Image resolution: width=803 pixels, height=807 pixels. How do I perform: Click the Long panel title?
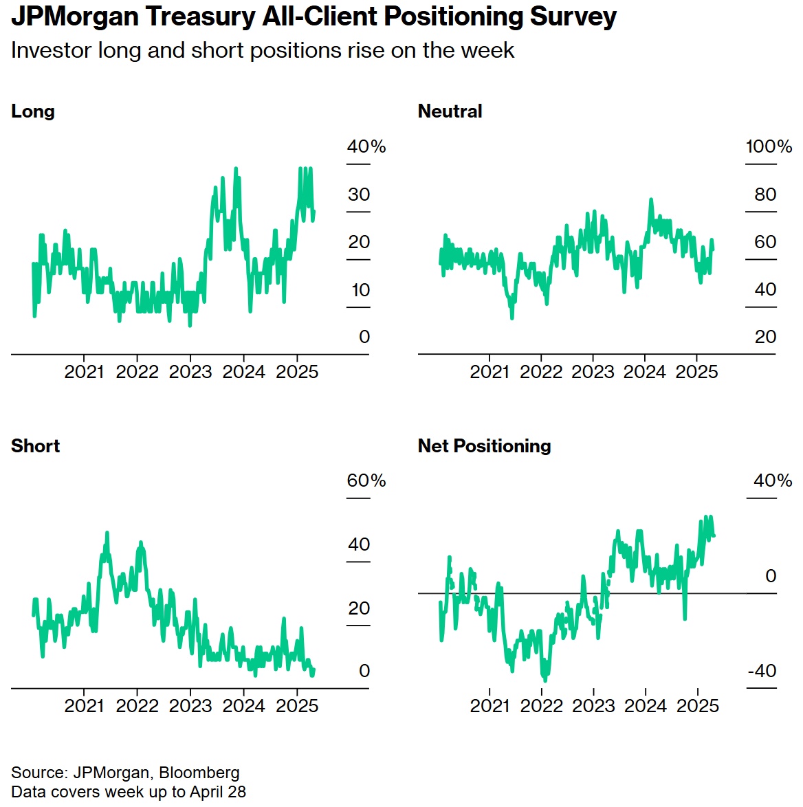(x=32, y=111)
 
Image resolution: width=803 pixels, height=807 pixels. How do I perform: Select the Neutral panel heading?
(x=450, y=111)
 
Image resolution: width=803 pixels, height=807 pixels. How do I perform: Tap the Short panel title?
(x=35, y=446)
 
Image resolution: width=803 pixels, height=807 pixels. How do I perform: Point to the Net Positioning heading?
(x=484, y=446)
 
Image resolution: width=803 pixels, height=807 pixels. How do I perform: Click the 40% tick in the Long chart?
(x=366, y=146)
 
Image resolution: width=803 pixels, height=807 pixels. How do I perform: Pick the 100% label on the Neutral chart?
(x=768, y=146)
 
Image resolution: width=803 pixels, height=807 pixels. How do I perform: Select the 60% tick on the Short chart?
(x=366, y=480)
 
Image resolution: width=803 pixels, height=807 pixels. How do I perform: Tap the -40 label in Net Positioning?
(x=762, y=671)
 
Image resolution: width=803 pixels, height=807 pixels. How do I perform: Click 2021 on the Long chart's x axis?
(x=84, y=372)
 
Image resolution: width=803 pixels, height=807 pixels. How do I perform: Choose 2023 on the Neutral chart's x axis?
(x=593, y=372)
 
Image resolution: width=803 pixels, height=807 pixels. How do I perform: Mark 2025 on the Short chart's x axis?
(x=297, y=706)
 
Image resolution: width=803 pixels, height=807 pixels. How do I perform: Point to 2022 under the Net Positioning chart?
(x=542, y=706)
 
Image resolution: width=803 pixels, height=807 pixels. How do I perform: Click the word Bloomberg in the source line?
(x=199, y=773)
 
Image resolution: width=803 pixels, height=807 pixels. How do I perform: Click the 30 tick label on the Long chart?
(x=359, y=195)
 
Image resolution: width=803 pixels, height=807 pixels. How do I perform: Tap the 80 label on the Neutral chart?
(x=765, y=195)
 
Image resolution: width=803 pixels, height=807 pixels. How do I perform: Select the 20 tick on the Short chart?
(x=359, y=608)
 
